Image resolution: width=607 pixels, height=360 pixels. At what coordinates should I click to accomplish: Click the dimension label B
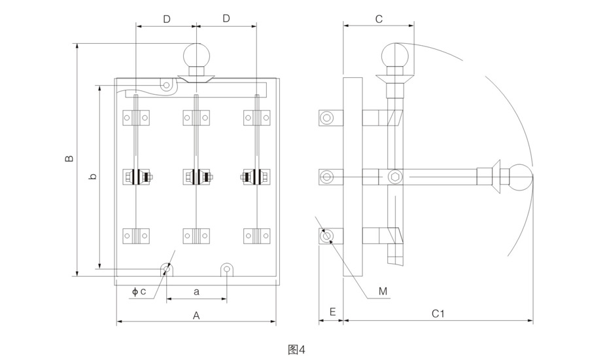click(69, 158)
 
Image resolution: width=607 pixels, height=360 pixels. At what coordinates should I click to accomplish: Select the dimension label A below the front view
click(196, 315)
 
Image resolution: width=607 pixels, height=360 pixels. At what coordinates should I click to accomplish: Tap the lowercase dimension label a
click(196, 290)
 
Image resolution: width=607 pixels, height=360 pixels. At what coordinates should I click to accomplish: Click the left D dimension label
click(167, 20)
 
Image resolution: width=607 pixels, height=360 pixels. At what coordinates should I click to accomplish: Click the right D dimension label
click(226, 20)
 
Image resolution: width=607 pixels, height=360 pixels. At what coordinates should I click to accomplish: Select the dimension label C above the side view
click(378, 20)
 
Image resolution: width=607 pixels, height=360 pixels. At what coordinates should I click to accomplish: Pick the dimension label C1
click(438, 314)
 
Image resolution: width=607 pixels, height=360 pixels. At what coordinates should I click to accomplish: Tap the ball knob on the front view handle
click(196, 55)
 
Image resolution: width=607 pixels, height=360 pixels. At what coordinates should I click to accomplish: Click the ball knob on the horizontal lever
click(521, 177)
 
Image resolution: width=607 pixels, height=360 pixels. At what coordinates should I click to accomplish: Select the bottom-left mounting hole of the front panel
click(167, 269)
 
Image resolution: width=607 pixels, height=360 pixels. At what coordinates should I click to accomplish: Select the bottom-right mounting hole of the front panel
click(226, 269)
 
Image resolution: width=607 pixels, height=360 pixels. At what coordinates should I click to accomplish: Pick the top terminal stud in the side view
click(327, 118)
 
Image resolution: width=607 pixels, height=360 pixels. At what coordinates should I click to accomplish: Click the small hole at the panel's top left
click(167, 85)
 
